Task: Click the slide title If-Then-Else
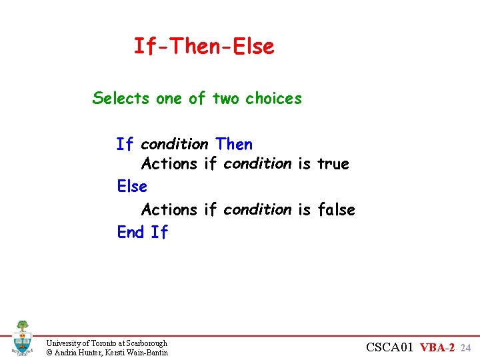pos(203,47)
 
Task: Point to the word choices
pos(273,99)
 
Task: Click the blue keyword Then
pos(234,145)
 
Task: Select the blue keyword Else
pos(132,186)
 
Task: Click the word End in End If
pos(131,232)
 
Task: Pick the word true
pos(333,164)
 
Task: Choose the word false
pos(337,210)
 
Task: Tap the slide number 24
pos(466,347)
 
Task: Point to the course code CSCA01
pos(391,347)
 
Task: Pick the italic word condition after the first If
pos(175,145)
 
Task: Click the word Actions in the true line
pos(169,164)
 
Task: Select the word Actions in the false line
pos(169,210)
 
